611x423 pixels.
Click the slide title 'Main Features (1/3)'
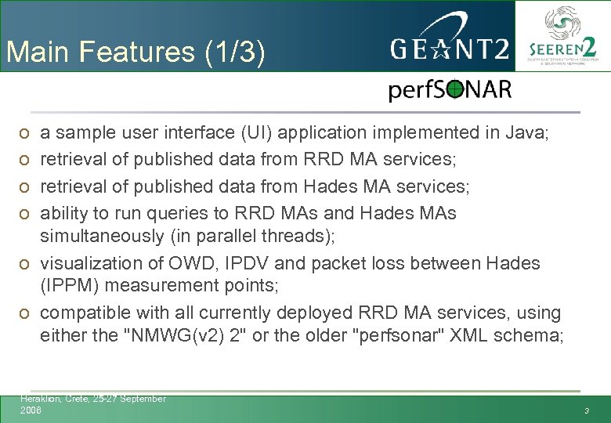click(136, 52)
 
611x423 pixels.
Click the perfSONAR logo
click(450, 90)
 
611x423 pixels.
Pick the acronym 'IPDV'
click(230, 262)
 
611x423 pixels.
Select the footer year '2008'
click(31, 410)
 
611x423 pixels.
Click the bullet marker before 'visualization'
click(27, 263)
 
